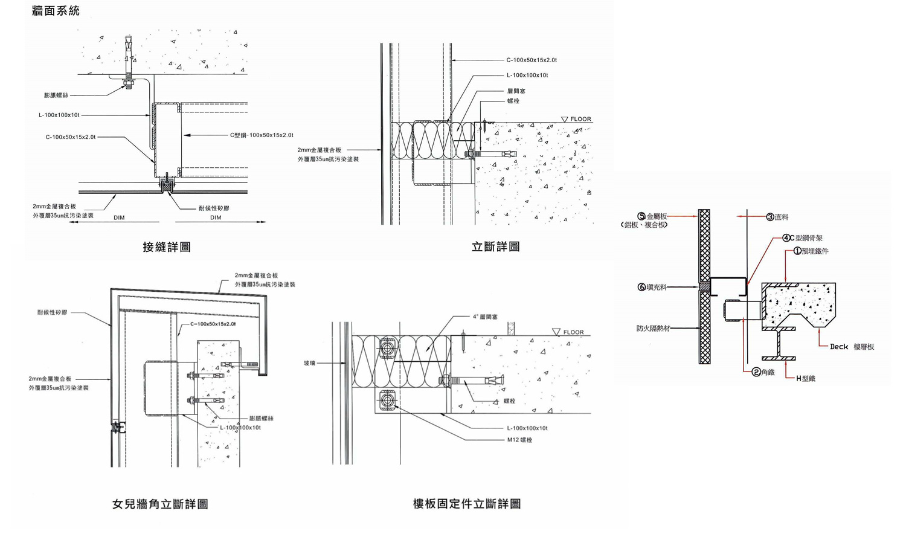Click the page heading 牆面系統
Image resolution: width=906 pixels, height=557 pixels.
click(56, 11)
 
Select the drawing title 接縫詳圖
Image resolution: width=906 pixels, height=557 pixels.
click(167, 246)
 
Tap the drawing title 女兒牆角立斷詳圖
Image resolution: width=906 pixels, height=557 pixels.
click(160, 504)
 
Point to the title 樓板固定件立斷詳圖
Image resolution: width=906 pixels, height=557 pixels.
click(466, 504)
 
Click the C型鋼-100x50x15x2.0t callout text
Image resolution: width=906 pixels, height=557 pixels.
click(262, 135)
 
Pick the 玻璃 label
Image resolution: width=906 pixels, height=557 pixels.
click(309, 363)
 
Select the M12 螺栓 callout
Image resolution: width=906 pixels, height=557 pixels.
click(519, 440)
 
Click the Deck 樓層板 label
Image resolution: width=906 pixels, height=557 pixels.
click(852, 347)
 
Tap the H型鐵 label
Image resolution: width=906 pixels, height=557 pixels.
click(805, 378)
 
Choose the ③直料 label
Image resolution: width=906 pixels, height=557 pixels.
click(777, 217)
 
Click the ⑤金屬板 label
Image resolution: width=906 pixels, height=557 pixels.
click(652, 216)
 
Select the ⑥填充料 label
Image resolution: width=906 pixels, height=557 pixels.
click(652, 287)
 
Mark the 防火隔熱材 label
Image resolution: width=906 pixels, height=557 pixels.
click(653, 329)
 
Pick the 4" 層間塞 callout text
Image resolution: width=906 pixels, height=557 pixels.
click(485, 317)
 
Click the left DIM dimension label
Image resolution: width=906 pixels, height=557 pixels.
click(119, 217)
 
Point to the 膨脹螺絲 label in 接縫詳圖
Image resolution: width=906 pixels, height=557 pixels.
click(56, 95)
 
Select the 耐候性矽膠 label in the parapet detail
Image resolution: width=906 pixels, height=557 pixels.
click(52, 312)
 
